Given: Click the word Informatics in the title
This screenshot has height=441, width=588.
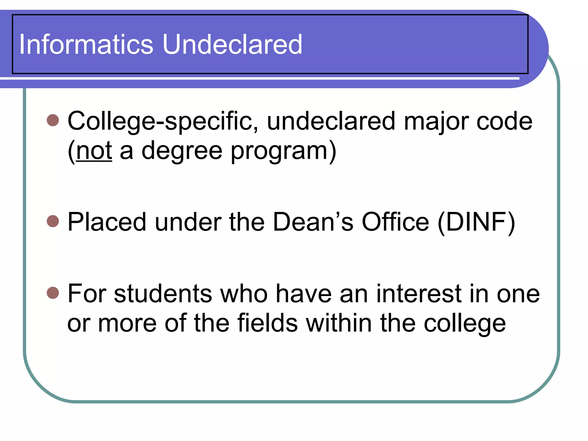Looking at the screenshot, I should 86,45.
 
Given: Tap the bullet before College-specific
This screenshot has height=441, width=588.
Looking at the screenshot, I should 53,120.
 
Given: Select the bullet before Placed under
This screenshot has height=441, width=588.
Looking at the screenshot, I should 53,221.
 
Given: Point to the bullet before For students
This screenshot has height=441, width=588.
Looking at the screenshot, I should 53,293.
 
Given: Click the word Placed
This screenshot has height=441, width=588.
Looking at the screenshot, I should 107,222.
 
